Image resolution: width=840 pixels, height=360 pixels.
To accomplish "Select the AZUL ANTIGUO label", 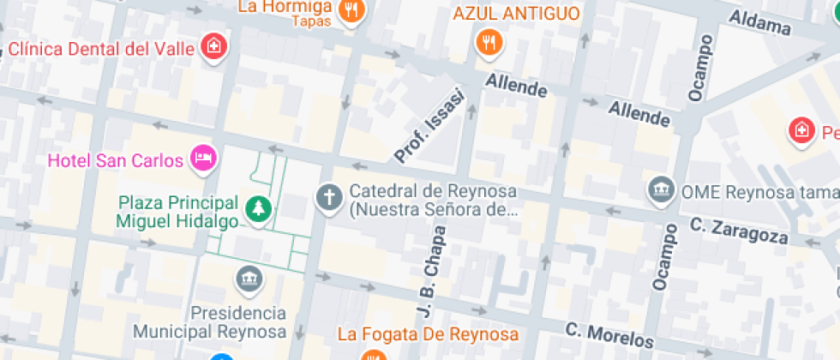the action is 516,15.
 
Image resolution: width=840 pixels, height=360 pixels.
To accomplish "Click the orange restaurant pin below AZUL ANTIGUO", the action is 489,41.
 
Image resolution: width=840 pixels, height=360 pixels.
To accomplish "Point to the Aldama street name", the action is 759,23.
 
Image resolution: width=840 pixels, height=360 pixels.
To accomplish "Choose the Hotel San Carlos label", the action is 116,160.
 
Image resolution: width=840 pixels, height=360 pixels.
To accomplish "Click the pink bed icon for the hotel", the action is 203,158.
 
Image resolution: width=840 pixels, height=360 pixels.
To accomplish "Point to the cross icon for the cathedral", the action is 327,198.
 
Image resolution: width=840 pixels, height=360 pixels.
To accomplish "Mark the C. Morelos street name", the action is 610,333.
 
